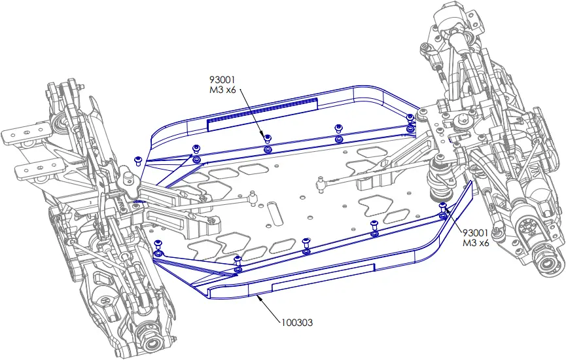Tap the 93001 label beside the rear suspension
click(x=476, y=233)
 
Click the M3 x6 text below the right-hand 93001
click(x=476, y=243)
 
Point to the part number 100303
click(x=298, y=322)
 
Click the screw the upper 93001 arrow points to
click(x=267, y=138)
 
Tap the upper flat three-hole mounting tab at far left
click(x=26, y=135)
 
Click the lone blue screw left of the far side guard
click(x=138, y=160)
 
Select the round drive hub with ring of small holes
click(x=531, y=228)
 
